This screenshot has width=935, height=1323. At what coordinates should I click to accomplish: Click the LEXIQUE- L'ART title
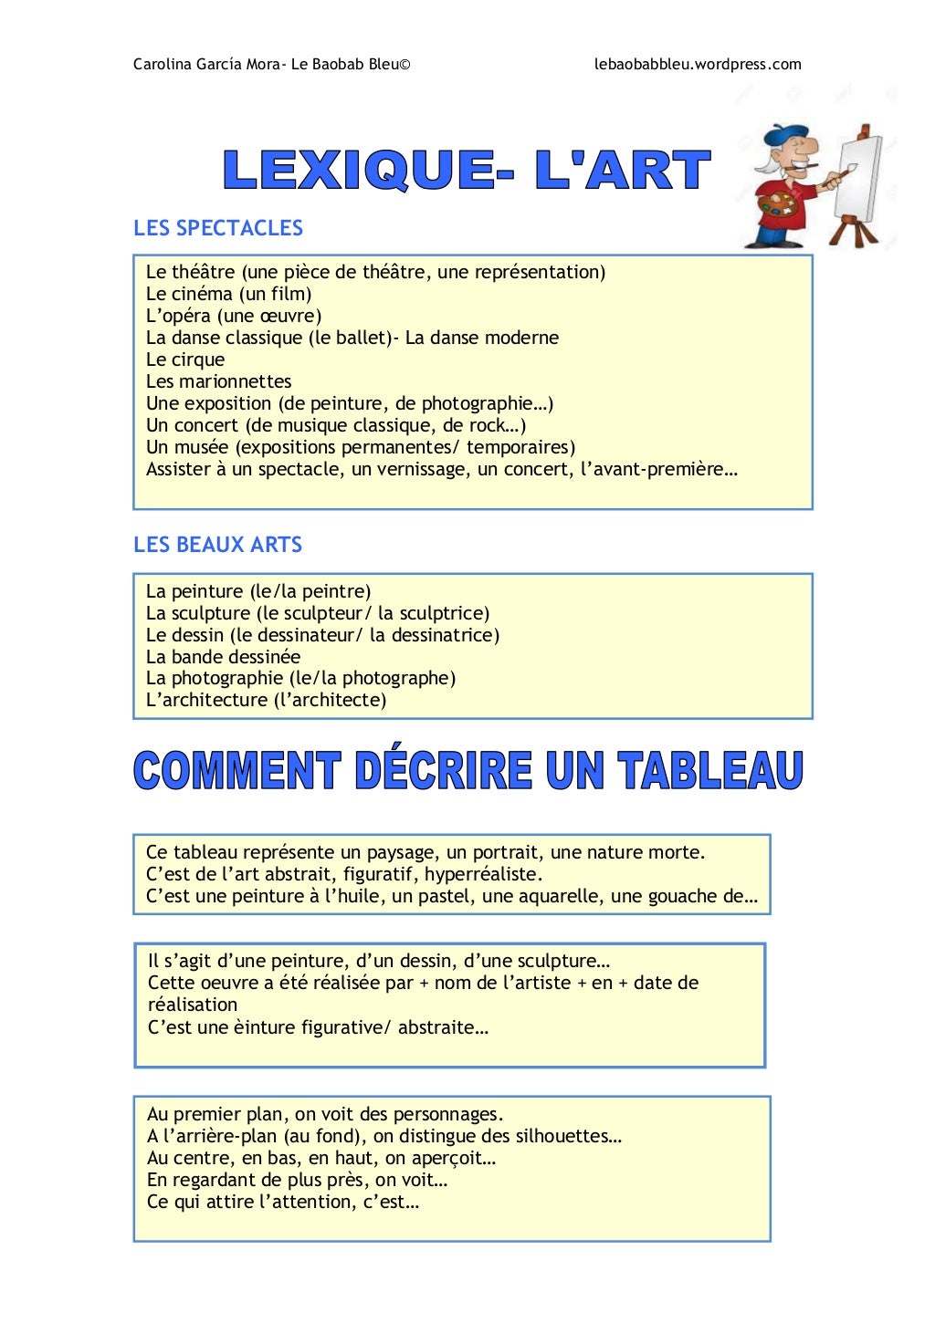466,171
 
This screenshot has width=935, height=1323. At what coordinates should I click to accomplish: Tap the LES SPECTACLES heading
218,228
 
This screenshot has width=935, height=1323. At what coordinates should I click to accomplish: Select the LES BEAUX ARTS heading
217,545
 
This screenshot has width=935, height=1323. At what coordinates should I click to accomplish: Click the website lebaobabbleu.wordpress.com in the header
698,64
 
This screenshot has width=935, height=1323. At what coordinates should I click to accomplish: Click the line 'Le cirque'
185,359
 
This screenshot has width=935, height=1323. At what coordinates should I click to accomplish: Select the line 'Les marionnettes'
219,381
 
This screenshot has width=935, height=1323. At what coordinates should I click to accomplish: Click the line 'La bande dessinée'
223,657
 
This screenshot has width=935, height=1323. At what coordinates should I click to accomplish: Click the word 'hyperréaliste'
483,874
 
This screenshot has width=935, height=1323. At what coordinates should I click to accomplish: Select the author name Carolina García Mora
206,64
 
